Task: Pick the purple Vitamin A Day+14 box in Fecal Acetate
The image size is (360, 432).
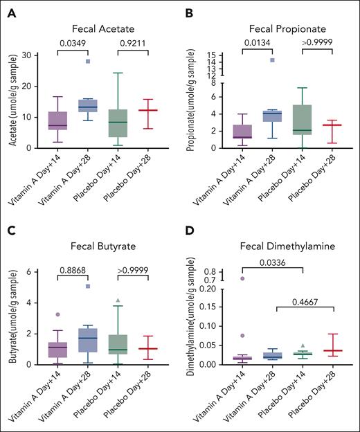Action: [x=57, y=120]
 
